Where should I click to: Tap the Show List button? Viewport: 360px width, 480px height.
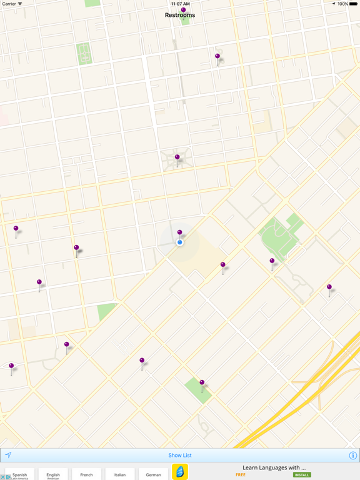(x=180, y=456)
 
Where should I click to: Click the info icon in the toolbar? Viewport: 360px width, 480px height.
(x=352, y=456)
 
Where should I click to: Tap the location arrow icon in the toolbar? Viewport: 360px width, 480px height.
(x=8, y=456)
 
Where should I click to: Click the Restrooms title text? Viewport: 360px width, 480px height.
(x=180, y=15)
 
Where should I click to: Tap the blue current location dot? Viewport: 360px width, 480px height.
(x=180, y=242)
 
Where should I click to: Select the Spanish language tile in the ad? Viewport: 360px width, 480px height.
(x=20, y=474)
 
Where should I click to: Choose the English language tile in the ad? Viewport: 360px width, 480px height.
(x=53, y=474)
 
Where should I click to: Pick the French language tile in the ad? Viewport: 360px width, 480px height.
(x=86, y=474)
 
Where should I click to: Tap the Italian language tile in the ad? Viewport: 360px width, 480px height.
(x=120, y=474)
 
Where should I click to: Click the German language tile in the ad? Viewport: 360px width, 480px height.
(x=153, y=474)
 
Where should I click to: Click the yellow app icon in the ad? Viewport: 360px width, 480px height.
(x=180, y=472)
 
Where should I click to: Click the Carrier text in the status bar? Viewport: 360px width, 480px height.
(x=9, y=4)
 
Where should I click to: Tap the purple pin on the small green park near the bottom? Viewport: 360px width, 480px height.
(x=202, y=382)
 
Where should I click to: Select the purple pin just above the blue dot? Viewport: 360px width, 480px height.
(x=179, y=232)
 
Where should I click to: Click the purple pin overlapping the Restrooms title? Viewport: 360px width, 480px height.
(x=183, y=10)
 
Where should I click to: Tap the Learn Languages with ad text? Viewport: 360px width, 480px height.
(x=274, y=467)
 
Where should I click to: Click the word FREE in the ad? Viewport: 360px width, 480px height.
(x=241, y=475)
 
